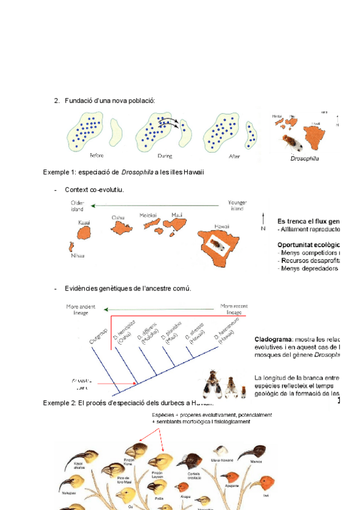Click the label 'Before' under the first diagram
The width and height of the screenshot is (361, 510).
(96, 155)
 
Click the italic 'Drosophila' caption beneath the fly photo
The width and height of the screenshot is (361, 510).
(304, 159)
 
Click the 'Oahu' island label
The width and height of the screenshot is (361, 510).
(118, 218)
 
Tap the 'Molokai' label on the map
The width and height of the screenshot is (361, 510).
(148, 215)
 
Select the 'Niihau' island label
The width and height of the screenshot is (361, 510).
(72, 256)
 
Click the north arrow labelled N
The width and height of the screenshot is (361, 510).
(263, 220)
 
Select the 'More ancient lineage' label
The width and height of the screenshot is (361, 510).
(81, 310)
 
